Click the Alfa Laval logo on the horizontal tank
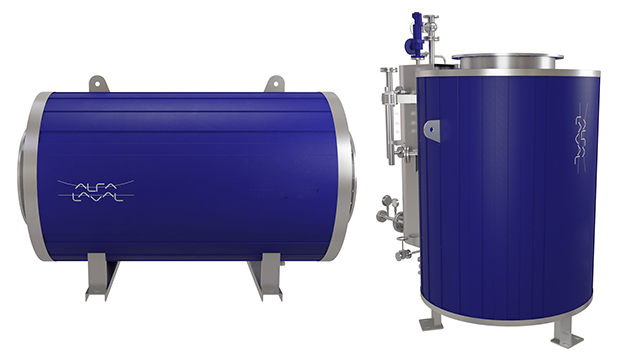click(x=95, y=189)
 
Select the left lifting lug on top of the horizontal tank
click(x=97, y=83)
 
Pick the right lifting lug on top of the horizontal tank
click(x=274, y=83)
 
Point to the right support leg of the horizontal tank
click(x=265, y=277)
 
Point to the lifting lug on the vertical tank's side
click(x=431, y=129)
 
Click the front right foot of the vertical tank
click(x=568, y=335)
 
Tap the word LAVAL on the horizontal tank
click(x=97, y=196)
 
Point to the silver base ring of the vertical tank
click(x=510, y=314)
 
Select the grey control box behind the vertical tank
click(x=404, y=80)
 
